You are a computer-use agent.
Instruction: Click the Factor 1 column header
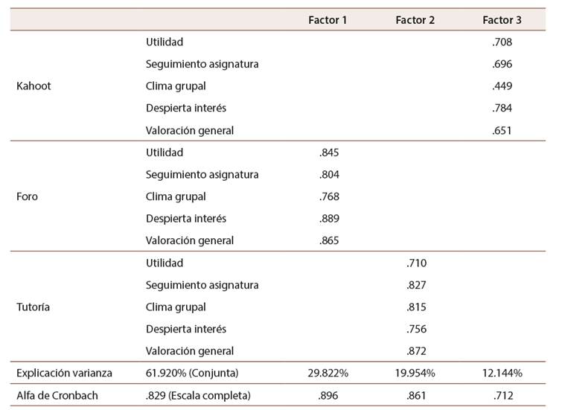pos(328,20)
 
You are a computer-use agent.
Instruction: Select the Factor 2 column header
pos(415,20)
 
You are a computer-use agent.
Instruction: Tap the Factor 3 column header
pos(502,20)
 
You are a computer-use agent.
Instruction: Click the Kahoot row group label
pos(33,86)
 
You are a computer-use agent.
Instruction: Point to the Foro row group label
pos(27,196)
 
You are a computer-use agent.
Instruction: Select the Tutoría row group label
pos(33,307)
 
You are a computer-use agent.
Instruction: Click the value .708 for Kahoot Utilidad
pos(502,42)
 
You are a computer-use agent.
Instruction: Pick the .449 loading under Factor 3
pos(502,86)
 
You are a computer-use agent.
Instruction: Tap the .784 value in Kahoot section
pos(502,108)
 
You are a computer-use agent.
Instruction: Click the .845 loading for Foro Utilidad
pos(329,153)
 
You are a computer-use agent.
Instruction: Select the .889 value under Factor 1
pos(329,218)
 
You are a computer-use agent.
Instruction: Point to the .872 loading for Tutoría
pos(416,351)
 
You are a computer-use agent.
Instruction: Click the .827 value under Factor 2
pos(416,285)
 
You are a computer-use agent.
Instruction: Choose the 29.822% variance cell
pos(328,373)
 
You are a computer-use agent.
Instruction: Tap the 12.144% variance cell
pos(502,373)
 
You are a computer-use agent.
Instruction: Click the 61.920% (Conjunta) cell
pos(192,373)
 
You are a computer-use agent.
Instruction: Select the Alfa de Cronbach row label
pos(57,395)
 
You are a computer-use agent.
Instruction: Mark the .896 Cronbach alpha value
pos(328,395)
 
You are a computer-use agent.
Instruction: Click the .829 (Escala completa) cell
pos(198,395)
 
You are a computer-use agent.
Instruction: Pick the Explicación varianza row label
pos(64,373)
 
